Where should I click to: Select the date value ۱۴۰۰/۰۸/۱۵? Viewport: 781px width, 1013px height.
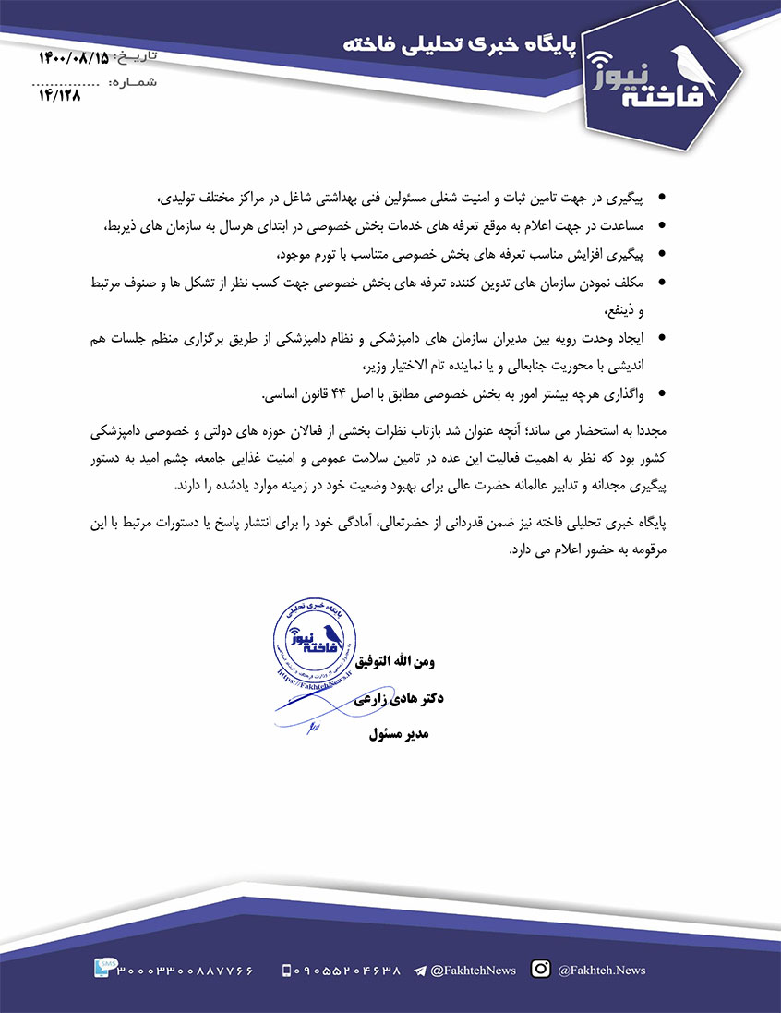click(x=73, y=58)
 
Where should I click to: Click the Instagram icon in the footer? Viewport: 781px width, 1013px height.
click(x=542, y=969)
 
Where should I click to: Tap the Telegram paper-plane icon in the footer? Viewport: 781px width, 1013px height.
click(x=420, y=971)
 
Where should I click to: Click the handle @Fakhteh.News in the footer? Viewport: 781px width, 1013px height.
click(x=602, y=971)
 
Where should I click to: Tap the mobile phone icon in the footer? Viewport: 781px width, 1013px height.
click(x=286, y=971)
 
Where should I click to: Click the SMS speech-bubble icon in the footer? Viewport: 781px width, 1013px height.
click(x=104, y=968)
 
